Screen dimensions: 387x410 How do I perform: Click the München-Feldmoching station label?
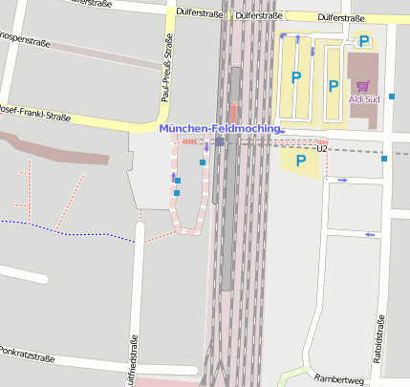pyautogui.click(x=220, y=128)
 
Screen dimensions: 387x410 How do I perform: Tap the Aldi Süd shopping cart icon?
pyautogui.click(x=362, y=86)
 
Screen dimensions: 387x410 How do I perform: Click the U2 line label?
pyautogui.click(x=321, y=149)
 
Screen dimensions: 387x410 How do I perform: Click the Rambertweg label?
pyautogui.click(x=339, y=379)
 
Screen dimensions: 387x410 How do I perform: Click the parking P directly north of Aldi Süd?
pyautogui.click(x=363, y=41)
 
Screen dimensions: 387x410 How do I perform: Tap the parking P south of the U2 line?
pyautogui.click(x=301, y=161)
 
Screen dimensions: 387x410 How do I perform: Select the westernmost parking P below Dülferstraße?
pyautogui.click(x=296, y=77)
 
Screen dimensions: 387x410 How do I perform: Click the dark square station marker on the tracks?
pyautogui.click(x=219, y=141)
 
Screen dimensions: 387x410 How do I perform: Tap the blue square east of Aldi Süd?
pyautogui.click(x=392, y=97)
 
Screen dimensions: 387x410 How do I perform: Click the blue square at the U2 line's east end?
pyautogui.click(x=384, y=159)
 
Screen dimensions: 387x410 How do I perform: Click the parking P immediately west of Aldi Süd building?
pyautogui.click(x=333, y=86)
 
